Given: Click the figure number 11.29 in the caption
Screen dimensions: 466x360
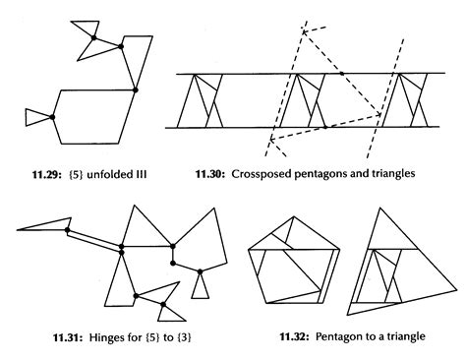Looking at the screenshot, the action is (46, 174).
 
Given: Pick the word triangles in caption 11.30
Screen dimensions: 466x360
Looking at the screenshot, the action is (393, 173).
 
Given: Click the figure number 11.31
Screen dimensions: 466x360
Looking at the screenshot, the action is (68, 337).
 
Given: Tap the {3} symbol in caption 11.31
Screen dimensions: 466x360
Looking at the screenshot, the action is (184, 337).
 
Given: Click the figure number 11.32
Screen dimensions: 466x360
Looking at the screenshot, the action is (294, 336).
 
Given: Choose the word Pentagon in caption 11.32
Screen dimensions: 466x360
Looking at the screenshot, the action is (336, 336).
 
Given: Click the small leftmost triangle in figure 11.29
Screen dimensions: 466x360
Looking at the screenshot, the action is (36, 117).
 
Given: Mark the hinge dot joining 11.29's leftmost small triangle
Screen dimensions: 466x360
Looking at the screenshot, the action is (52, 117).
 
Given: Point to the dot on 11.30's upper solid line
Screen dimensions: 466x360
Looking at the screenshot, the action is (342, 74).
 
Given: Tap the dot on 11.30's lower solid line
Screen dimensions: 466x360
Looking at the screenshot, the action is (325, 127).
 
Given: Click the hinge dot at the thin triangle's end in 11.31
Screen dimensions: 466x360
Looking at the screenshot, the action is (68, 230).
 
